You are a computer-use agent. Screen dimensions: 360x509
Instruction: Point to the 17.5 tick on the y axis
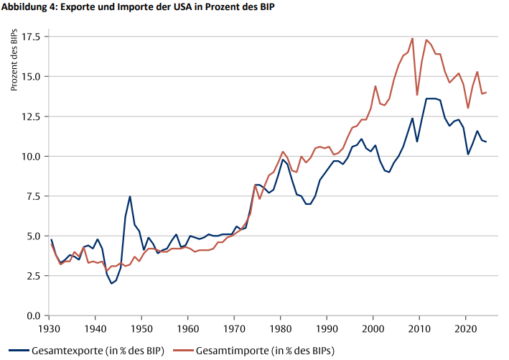coord(30,36)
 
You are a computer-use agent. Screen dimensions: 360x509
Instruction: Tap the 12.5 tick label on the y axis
coord(30,116)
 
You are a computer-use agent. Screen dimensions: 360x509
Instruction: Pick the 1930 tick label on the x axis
coord(50,329)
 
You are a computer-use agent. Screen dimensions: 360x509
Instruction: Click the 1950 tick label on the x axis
coord(142,329)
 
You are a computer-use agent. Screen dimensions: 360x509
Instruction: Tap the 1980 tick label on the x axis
coord(281,329)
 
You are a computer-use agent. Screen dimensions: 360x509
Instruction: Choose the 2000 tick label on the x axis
coord(373,329)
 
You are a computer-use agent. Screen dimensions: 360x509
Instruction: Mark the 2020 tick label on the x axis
coord(466,329)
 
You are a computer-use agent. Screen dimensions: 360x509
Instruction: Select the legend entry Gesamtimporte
coord(265,350)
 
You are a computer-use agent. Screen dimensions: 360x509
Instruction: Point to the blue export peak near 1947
coord(129,196)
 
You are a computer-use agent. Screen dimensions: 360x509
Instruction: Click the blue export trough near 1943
coord(111,283)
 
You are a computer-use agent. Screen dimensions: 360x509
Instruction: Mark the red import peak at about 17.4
coord(412,38)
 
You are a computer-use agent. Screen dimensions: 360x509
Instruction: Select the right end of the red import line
coord(486,93)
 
